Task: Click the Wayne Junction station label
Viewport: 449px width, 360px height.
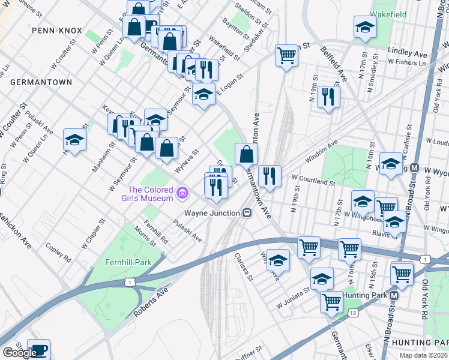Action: [x=212, y=213]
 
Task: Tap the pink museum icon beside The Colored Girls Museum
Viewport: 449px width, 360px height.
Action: [x=182, y=193]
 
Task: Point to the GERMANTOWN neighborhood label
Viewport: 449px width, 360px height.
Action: [x=41, y=82]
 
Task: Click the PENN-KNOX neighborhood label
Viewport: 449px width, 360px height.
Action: [x=53, y=29]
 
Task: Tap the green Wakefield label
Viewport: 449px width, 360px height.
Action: [x=388, y=14]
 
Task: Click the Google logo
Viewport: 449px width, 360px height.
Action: [x=19, y=353]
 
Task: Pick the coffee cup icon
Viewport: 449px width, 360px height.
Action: [x=39, y=349]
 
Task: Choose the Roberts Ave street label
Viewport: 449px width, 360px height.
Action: [x=149, y=301]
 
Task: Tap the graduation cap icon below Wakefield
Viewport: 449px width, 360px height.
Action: [x=365, y=28]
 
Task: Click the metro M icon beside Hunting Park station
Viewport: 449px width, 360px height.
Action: [x=394, y=296]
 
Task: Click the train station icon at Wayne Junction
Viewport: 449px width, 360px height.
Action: [x=247, y=213]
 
